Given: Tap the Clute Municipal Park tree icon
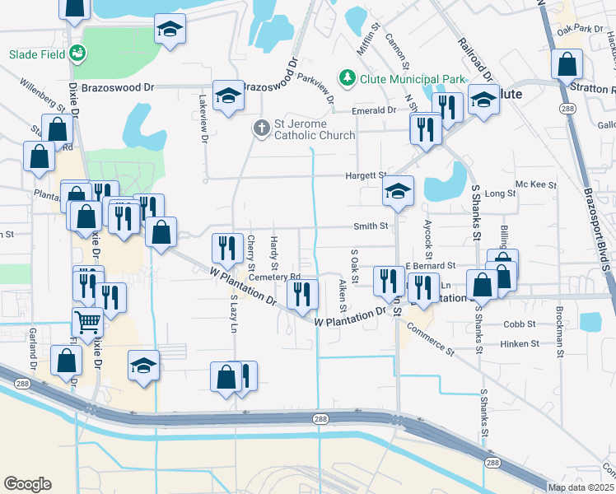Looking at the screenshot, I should tap(348, 78).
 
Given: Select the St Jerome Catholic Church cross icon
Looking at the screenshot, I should tap(261, 128).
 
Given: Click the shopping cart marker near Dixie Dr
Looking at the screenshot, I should tap(88, 320).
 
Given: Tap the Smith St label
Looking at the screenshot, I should tap(371, 226).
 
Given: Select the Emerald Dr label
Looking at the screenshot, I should tap(374, 110).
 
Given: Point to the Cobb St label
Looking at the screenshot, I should tap(520, 324).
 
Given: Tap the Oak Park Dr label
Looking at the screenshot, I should tap(579, 30).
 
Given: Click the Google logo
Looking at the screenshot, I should tap(27, 484).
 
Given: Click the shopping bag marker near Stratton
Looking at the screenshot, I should tap(567, 63).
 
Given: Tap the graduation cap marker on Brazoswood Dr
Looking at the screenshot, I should tap(227, 96).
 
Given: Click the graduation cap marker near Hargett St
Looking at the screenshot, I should tap(397, 193).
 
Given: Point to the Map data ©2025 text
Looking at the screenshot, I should tap(581, 487).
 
